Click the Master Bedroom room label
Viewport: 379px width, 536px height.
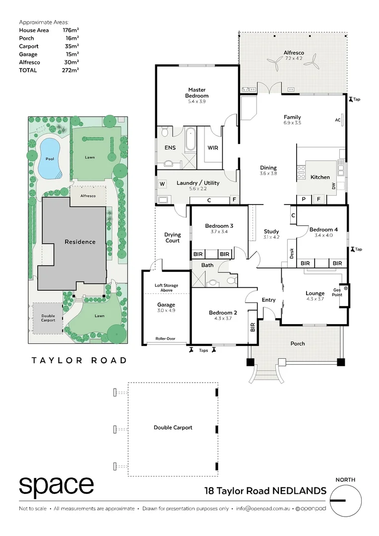(x=197, y=92)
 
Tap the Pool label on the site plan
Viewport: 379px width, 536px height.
(x=50, y=159)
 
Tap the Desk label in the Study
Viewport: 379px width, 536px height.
(x=291, y=253)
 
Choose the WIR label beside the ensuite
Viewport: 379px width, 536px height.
(x=212, y=147)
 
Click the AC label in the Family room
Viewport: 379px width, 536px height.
(x=337, y=120)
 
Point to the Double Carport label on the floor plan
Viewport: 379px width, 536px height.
(x=173, y=427)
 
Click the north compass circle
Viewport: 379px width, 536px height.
(x=345, y=500)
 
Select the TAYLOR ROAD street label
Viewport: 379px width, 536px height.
(x=79, y=360)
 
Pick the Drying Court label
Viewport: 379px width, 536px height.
(x=173, y=237)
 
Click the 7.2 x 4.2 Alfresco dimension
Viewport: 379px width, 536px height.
(x=293, y=58)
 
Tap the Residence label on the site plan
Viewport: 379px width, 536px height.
(x=80, y=242)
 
